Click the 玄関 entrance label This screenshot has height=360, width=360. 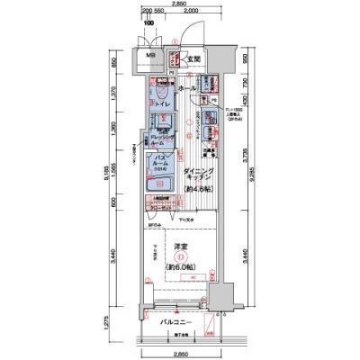pos(193,60)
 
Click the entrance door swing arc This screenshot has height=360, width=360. pos(187,36)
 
